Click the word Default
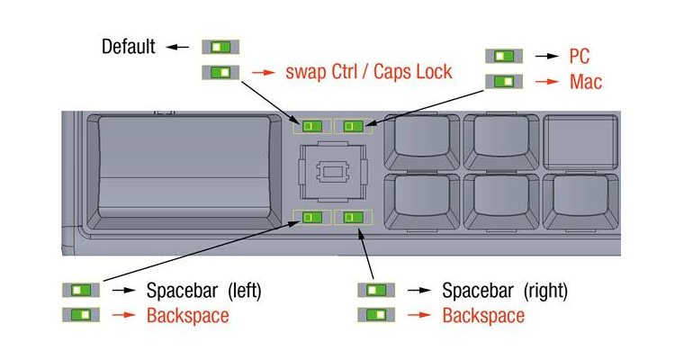click(x=129, y=47)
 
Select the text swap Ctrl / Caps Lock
click(x=369, y=72)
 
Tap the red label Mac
click(x=586, y=82)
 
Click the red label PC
click(x=579, y=56)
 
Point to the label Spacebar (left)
click(x=203, y=291)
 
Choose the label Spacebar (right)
click(x=505, y=291)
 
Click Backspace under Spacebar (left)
click(x=188, y=316)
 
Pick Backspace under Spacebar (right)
click(x=483, y=316)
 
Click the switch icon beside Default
click(x=220, y=47)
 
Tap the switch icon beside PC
click(x=504, y=56)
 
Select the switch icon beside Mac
click(x=504, y=81)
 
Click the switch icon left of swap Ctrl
click(x=220, y=72)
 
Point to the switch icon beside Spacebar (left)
click(x=81, y=290)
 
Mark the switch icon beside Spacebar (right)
click(x=376, y=290)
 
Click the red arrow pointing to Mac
click(x=547, y=81)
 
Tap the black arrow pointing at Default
click(x=177, y=47)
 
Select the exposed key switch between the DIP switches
click(x=333, y=171)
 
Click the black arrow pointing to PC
click(x=547, y=56)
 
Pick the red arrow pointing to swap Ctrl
click(x=264, y=72)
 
